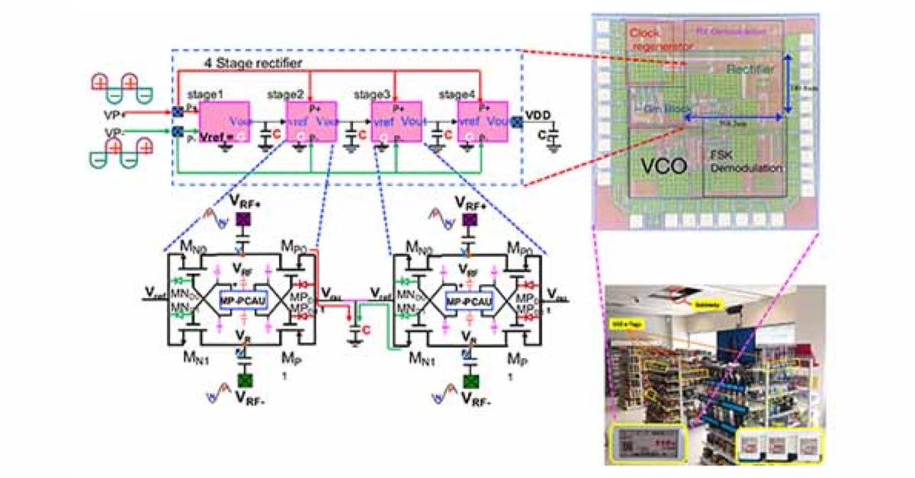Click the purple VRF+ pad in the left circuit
pos(243,220)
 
